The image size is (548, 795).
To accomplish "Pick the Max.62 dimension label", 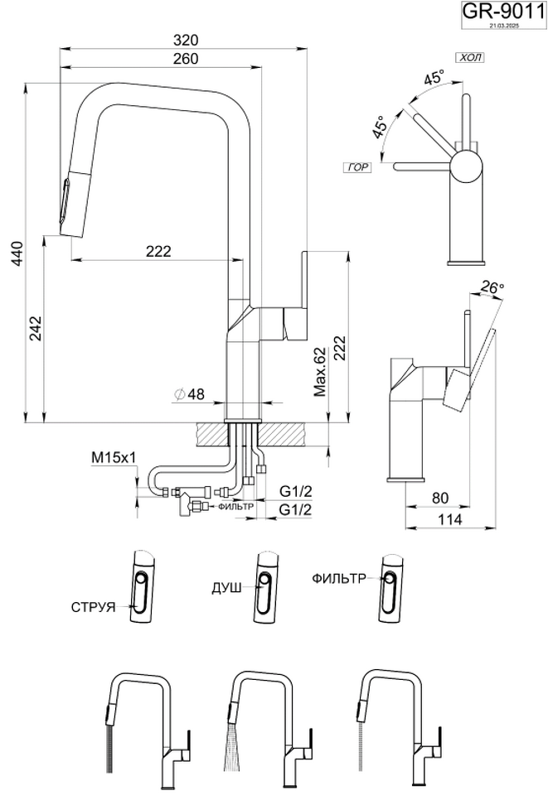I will (x=320, y=371).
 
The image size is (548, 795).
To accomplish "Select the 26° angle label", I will (x=492, y=287).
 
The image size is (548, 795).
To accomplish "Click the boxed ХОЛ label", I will (x=469, y=57).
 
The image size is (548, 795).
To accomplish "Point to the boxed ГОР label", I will (x=358, y=167).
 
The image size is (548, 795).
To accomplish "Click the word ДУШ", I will (x=227, y=587).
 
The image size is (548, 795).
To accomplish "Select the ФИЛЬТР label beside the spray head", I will (x=338, y=579).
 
